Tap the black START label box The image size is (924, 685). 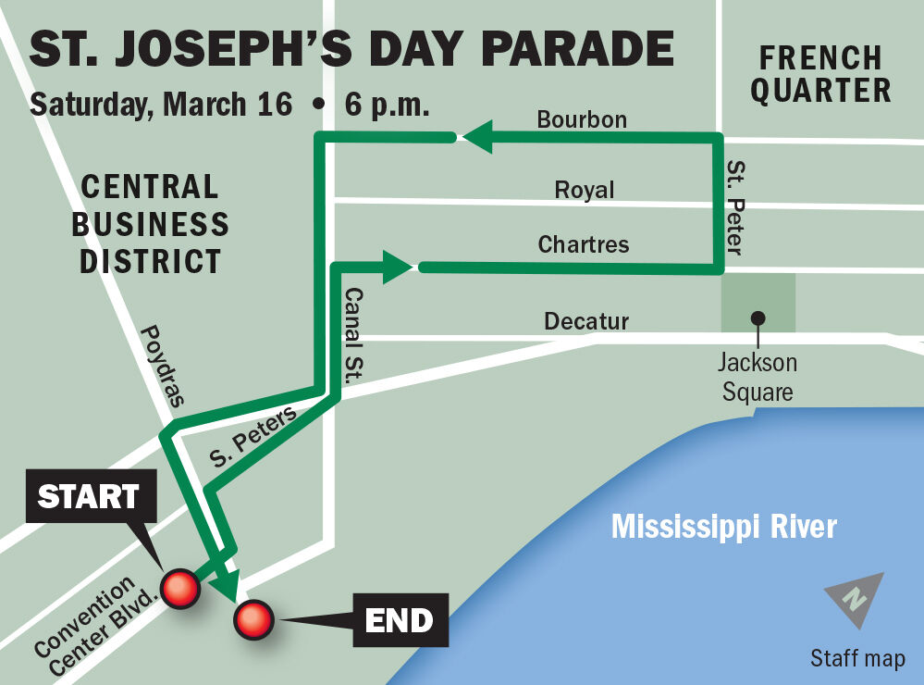pyautogui.click(x=89, y=498)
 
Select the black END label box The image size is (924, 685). pyautogui.click(x=400, y=619)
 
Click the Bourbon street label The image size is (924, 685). pyautogui.click(x=582, y=119)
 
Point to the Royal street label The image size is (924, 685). pyautogui.click(x=584, y=190)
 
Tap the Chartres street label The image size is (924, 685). pyautogui.click(x=584, y=244)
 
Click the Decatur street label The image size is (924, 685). pyautogui.click(x=586, y=321)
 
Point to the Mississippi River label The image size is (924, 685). pyautogui.click(x=723, y=527)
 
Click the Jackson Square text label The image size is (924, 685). pyautogui.click(x=758, y=378)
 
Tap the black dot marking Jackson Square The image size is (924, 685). pyautogui.click(x=758, y=318)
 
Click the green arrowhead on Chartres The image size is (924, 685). pyautogui.click(x=399, y=268)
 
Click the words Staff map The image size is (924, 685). pyautogui.click(x=857, y=658)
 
